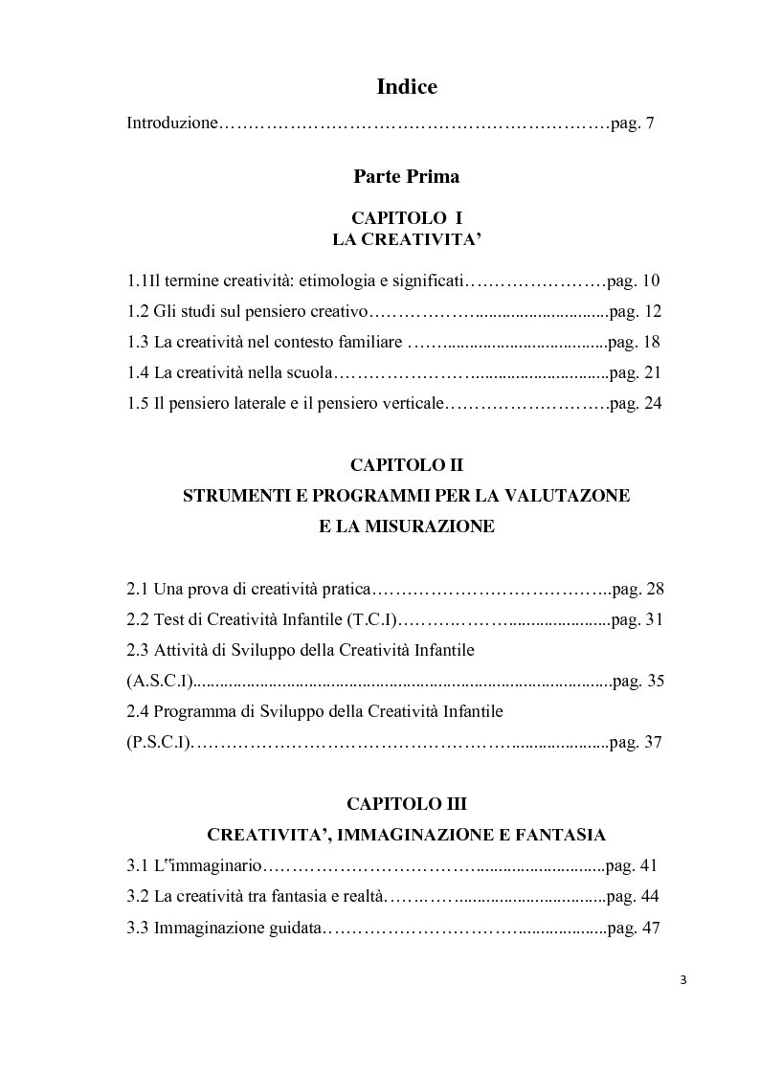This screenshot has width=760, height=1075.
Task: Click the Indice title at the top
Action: (x=407, y=87)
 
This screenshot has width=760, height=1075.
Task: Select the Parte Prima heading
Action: (x=406, y=176)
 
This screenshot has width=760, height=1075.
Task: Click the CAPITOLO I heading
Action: (x=407, y=219)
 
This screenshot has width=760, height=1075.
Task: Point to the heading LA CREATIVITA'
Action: (x=406, y=240)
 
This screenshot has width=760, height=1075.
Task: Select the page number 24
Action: (x=653, y=403)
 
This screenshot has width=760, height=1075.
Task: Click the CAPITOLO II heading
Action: (x=407, y=465)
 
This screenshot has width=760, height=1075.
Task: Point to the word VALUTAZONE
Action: (x=573, y=496)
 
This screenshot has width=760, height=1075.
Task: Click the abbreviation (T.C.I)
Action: (x=369, y=619)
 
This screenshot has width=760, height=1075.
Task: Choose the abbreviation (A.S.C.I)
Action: (x=160, y=682)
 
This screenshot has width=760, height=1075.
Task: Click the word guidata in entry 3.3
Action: (x=297, y=928)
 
